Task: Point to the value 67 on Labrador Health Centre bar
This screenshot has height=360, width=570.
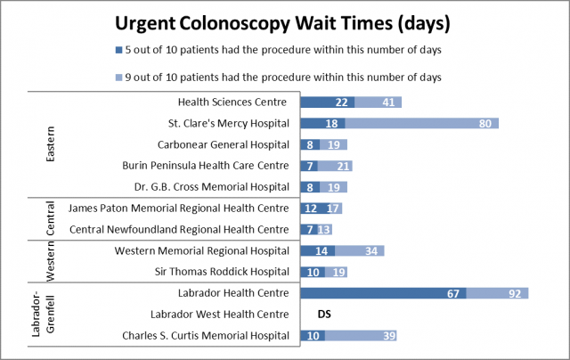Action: pos(452,293)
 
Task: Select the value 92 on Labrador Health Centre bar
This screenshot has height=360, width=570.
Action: pos(515,293)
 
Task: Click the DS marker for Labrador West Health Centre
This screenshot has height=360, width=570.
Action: pos(325,314)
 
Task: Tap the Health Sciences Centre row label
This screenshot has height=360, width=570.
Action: pos(234,102)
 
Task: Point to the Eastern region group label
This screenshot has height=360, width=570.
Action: pos(52,143)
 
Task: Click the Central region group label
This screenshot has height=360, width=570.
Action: pos(52,218)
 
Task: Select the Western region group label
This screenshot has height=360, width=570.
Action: pos(52,261)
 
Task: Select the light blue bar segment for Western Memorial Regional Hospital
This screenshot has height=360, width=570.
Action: pos(360,250)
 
